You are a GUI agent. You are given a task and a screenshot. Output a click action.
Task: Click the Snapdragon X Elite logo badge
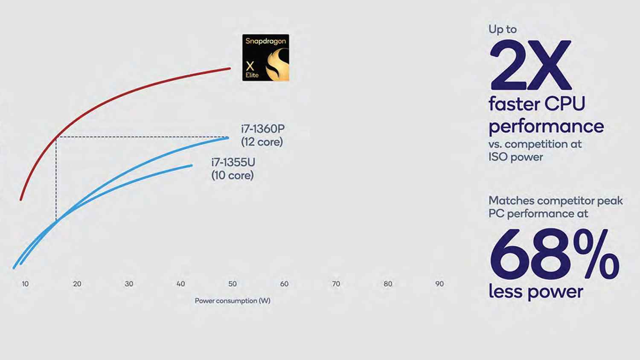(265, 58)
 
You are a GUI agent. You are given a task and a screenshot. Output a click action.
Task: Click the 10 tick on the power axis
(25, 284)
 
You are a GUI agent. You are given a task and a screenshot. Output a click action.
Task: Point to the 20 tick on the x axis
(77, 284)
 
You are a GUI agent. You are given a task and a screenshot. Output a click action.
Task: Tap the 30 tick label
(129, 284)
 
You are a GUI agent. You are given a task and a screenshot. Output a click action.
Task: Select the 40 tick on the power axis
(180, 284)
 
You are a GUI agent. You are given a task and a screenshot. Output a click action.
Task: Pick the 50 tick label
(232, 284)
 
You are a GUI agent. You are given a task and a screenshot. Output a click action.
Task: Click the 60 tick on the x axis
(284, 284)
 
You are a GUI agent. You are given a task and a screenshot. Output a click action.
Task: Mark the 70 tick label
(336, 284)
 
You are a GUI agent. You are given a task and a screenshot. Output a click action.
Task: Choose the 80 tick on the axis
(387, 284)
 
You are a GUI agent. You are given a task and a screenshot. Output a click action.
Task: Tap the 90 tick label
(439, 284)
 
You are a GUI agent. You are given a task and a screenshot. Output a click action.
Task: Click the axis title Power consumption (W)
(233, 301)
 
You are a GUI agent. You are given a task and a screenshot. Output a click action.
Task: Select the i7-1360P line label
(262, 135)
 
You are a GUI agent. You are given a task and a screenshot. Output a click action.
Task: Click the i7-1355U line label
(233, 168)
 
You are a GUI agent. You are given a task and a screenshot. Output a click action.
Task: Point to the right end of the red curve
(230, 68)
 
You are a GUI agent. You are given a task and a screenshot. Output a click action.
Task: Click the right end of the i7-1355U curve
(192, 165)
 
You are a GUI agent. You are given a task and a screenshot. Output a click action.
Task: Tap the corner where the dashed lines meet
(56, 137)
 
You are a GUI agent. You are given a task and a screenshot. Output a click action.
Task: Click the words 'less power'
(535, 292)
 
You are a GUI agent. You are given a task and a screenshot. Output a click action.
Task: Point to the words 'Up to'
(503, 29)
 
